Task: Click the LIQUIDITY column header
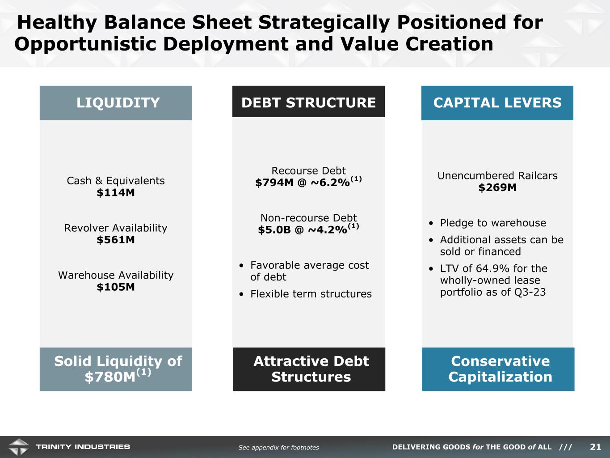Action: [x=116, y=103]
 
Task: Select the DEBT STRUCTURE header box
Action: [x=308, y=102]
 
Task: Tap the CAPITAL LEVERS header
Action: [x=497, y=103]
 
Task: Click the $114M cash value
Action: [x=116, y=192]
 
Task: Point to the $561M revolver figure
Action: [x=116, y=240]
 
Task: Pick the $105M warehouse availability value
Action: [x=116, y=287]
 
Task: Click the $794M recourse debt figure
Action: [x=274, y=182]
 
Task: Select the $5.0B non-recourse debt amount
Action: [x=274, y=230]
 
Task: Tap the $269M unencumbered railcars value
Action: [x=497, y=187]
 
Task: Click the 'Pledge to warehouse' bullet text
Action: [x=493, y=223]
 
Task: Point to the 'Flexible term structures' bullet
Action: [x=311, y=294]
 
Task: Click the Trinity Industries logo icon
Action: [x=18, y=447]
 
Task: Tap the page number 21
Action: [x=595, y=447]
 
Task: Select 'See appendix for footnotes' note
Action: [x=279, y=447]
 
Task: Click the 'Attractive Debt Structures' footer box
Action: [x=309, y=369]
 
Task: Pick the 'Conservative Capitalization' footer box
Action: [x=498, y=369]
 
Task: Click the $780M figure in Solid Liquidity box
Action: [x=110, y=377]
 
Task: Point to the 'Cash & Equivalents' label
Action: [x=116, y=181]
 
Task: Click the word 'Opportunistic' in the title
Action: [x=85, y=44]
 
